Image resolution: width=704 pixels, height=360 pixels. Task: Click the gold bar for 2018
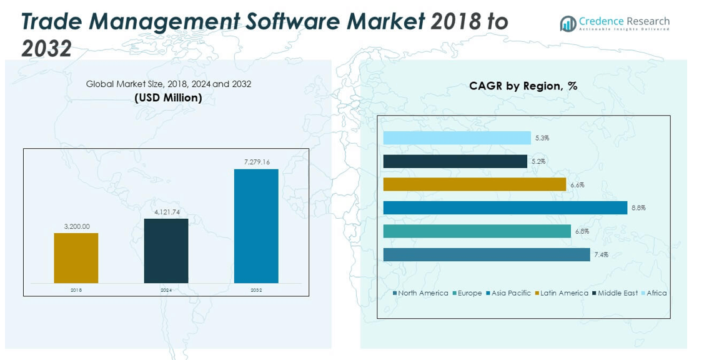[x=76, y=257]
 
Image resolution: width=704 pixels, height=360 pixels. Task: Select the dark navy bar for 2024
[x=166, y=251]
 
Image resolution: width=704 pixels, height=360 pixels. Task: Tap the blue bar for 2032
[x=256, y=226]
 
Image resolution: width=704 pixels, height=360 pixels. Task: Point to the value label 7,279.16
[x=257, y=162]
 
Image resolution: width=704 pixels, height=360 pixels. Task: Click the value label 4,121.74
[x=167, y=212]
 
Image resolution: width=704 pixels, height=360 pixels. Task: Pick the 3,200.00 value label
[x=77, y=227]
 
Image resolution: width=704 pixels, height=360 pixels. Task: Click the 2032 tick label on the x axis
[x=256, y=290]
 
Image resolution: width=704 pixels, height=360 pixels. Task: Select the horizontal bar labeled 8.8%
[x=505, y=207]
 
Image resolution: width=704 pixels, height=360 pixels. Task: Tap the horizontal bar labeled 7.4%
[x=486, y=254]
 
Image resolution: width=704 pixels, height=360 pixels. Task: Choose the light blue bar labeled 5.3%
[x=457, y=138]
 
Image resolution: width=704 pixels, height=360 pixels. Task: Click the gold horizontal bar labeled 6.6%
[x=474, y=184]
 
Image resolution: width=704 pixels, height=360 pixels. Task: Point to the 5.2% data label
[x=539, y=161]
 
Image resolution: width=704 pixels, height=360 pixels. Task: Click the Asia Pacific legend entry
[x=510, y=293]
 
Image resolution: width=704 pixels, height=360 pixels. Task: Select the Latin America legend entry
[x=563, y=293]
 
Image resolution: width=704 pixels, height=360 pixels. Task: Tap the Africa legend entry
[x=656, y=293]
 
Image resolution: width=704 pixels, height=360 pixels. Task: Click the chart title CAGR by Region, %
[x=523, y=86]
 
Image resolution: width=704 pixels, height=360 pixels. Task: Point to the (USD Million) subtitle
[x=168, y=97]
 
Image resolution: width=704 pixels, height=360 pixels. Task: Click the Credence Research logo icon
[x=568, y=24]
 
